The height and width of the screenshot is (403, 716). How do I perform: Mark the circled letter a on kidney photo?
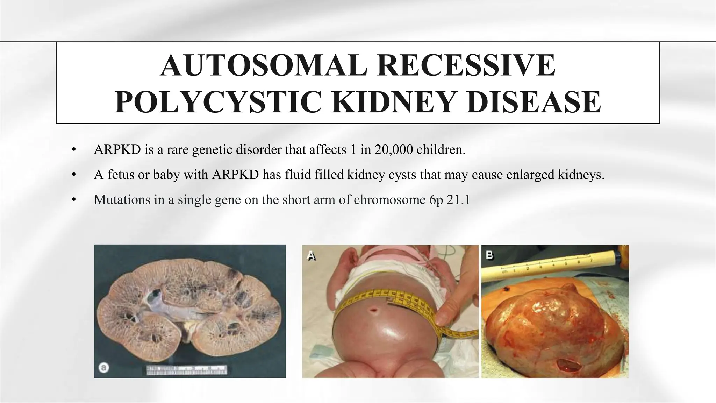click(x=104, y=368)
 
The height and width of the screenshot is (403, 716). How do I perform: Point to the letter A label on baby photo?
click(x=312, y=256)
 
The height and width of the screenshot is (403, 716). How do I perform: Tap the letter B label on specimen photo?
click(x=490, y=255)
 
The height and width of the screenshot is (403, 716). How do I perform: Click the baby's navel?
click(x=375, y=311)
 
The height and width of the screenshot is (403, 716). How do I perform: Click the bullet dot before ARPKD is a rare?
click(x=73, y=150)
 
